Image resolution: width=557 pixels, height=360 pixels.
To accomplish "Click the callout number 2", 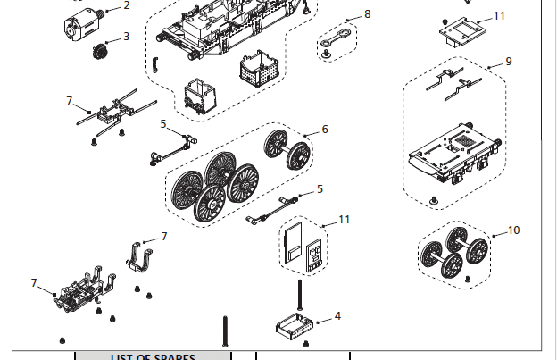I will (127, 5).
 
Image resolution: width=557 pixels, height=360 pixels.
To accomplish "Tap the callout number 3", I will (126, 37).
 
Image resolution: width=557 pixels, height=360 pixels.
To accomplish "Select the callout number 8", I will (367, 15).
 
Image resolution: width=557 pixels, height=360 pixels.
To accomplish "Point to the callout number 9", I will (508, 62).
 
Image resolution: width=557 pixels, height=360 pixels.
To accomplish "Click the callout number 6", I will (325, 130).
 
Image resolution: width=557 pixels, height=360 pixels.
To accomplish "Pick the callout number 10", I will (513, 230).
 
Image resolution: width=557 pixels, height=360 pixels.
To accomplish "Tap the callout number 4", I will (337, 316).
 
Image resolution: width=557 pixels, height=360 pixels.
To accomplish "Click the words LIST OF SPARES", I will (153, 356).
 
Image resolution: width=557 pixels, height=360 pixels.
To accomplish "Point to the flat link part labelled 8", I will (337, 35).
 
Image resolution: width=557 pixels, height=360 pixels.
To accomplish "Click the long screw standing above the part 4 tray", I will (301, 295).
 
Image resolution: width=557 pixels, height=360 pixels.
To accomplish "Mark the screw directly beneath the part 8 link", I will (328, 54).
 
